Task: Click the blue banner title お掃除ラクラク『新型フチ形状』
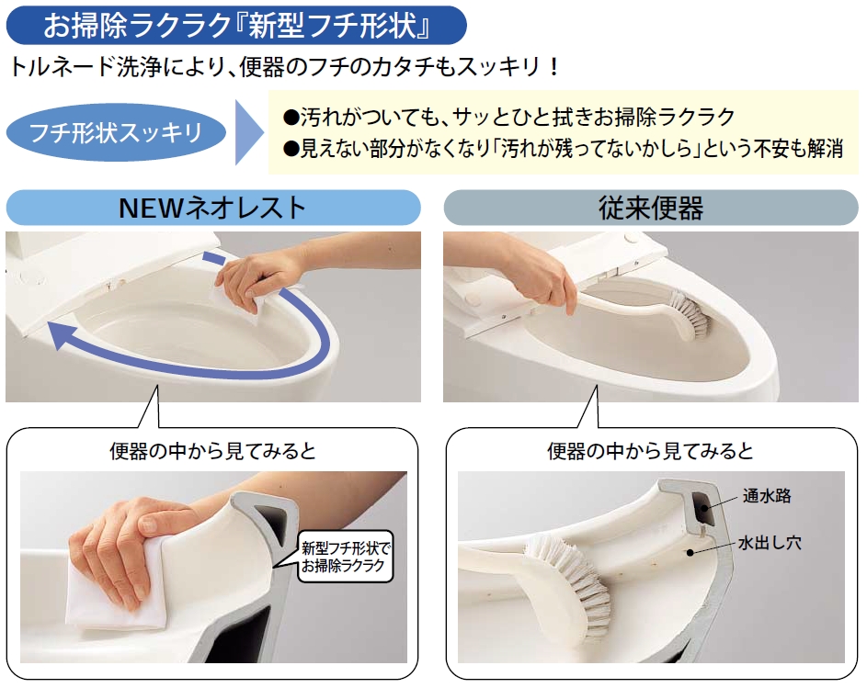tap(236, 25)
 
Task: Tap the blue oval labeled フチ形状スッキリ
tap(116, 132)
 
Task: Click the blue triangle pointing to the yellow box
tap(249, 132)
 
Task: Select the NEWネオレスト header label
tap(213, 208)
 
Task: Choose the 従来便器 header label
tap(651, 208)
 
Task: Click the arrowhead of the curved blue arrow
tap(61, 334)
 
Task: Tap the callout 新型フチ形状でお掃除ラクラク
tap(346, 557)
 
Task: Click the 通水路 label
tap(767, 496)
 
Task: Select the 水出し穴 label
tap(770, 542)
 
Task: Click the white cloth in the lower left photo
tap(119, 589)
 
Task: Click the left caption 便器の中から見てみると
tap(213, 451)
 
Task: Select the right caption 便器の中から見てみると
tap(651, 451)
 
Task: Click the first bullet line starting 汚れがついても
tap(508, 117)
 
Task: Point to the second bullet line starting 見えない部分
tap(563, 148)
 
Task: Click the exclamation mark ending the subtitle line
tap(554, 67)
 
